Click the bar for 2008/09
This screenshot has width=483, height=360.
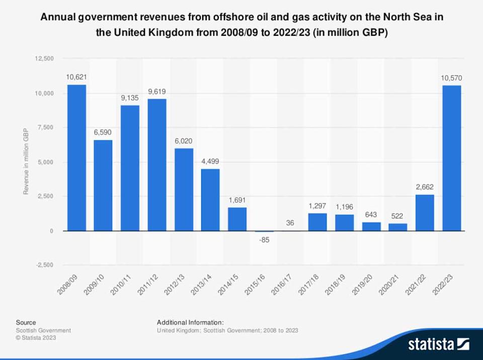click(x=76, y=158)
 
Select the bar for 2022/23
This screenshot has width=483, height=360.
click(x=451, y=158)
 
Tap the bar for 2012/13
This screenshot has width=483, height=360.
click(x=184, y=189)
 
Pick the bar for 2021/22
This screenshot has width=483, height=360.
click(x=425, y=212)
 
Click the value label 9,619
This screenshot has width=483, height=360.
click(x=157, y=92)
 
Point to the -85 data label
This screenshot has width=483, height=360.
click(x=264, y=239)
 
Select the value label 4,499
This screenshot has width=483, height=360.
click(x=210, y=162)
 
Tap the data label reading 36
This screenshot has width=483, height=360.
click(x=290, y=222)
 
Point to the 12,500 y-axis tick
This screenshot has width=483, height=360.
click(x=44, y=59)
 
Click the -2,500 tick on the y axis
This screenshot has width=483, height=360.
click(x=45, y=265)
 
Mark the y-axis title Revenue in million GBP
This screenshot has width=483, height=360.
click(x=26, y=161)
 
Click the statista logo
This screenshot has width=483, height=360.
click(x=438, y=344)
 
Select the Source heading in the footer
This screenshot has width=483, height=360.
click(x=26, y=322)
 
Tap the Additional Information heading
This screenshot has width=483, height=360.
click(x=190, y=322)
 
